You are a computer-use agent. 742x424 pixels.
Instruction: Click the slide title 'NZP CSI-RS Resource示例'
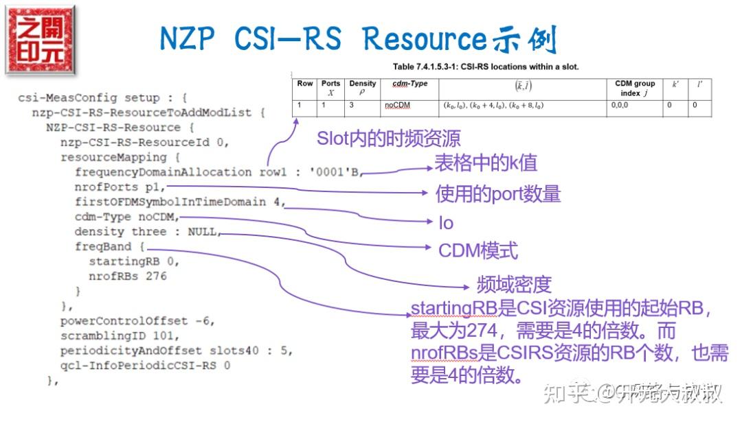(357, 40)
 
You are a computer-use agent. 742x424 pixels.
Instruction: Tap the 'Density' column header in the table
(363, 88)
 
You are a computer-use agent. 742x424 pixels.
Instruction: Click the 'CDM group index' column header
(635, 88)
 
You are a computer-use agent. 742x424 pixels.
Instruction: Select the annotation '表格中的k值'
(486, 163)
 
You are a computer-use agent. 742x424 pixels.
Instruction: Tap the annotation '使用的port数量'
(498, 194)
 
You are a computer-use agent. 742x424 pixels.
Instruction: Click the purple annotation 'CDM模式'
(478, 250)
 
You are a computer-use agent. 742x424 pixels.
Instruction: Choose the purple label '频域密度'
(514, 284)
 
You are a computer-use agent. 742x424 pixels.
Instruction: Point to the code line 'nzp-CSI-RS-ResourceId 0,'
(144, 142)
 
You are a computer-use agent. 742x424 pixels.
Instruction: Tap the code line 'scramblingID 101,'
(120, 336)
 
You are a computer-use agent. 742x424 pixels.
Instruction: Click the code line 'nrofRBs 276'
(128, 276)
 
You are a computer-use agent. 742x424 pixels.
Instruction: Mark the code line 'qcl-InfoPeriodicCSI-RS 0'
(145, 366)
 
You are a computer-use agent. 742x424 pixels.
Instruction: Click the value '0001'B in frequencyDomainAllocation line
(332, 172)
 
